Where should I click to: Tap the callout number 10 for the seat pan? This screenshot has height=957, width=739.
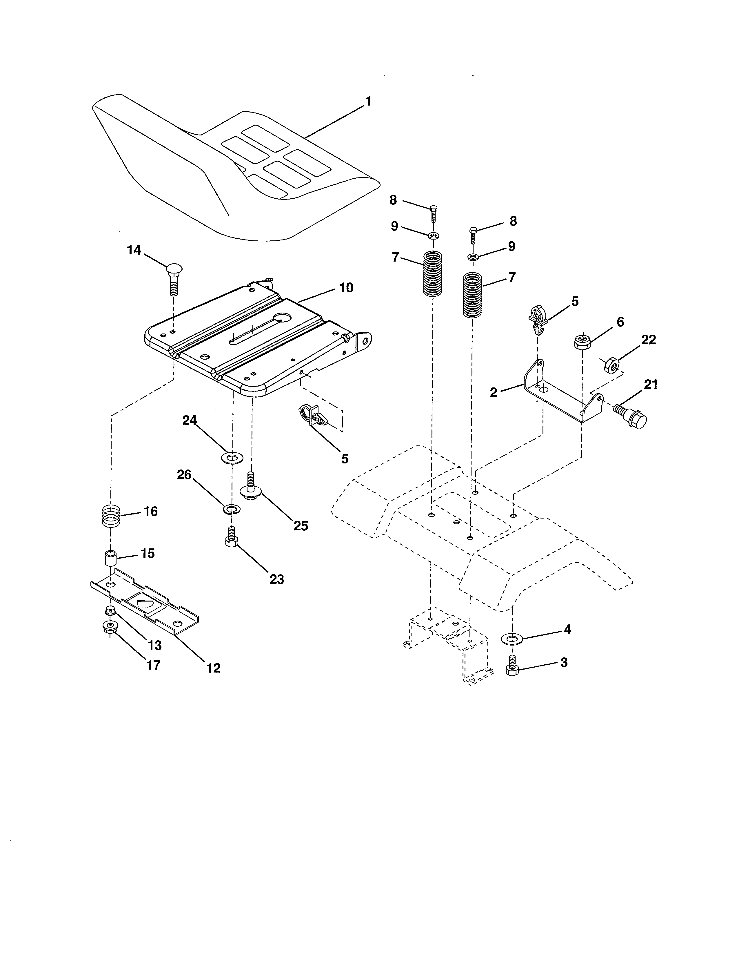coord(346,288)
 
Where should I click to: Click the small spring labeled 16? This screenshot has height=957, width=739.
coord(111,516)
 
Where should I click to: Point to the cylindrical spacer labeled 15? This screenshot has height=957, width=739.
coord(111,559)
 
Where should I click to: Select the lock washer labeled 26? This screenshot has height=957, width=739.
coord(229,509)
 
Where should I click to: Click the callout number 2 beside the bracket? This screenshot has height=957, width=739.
coord(494,393)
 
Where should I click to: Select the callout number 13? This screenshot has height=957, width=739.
coord(155,646)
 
